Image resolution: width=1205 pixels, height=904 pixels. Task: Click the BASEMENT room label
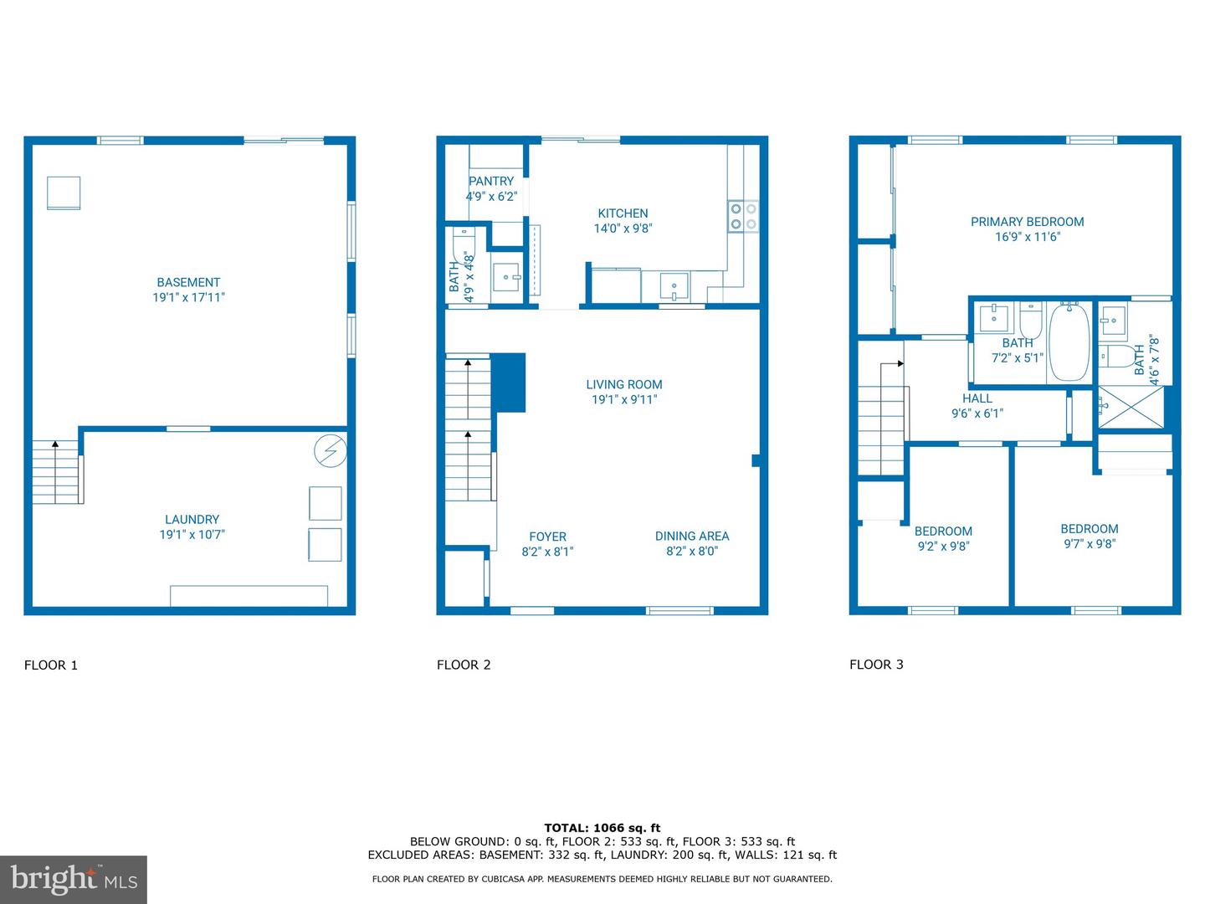coord(188,283)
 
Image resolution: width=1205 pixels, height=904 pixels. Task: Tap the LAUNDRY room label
coord(192,520)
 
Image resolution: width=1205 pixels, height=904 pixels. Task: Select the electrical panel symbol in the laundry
coord(330,452)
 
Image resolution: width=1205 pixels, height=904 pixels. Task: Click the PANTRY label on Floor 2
coord(491,182)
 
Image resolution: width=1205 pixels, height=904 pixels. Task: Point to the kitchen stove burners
coord(742,216)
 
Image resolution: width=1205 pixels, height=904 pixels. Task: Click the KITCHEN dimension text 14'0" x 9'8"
coord(623,229)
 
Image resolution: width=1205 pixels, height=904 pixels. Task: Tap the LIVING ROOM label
coord(623,385)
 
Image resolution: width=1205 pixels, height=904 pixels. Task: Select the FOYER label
coord(547,537)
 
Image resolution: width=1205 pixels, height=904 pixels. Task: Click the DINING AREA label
coord(691,536)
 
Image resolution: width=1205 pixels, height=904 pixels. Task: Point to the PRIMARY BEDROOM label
coord(1027,222)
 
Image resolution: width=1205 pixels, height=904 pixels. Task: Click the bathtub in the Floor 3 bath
coord(1069,342)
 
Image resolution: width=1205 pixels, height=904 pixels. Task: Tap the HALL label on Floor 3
coord(977,398)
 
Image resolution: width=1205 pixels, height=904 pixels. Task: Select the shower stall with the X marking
coord(1131,407)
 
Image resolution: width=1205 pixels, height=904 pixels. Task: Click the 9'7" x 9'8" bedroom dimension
coord(1089,544)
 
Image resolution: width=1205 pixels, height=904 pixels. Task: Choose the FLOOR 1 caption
coord(51,665)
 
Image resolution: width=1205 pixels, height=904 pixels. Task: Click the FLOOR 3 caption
coord(876,665)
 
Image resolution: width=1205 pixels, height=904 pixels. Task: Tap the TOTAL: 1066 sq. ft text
coord(602,828)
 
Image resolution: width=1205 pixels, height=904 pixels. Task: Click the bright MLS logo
coord(74,879)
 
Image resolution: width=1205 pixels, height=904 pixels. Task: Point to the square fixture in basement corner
coord(64,193)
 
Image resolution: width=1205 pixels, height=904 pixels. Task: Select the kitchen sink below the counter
coord(674,286)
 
